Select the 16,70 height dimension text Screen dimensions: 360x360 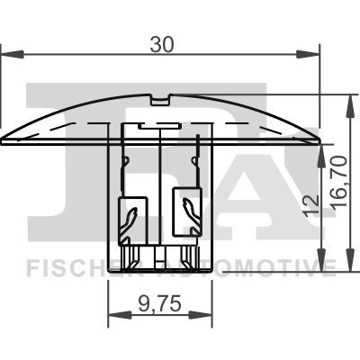coord(338,180)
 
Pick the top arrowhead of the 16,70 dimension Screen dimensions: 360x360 coord(348,100)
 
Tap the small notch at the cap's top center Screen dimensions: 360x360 coord(160,96)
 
